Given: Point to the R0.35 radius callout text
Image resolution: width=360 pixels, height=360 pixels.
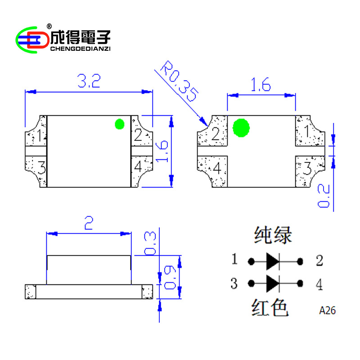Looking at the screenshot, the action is tap(180, 83).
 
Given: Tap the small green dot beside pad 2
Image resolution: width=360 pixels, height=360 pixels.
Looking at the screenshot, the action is tap(120, 124).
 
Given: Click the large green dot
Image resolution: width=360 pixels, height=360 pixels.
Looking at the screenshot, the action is tap(241, 128).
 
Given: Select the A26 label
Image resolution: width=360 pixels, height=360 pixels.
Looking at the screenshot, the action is tap(328, 310).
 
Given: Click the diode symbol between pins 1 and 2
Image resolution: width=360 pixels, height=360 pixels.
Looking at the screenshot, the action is tap(273, 261).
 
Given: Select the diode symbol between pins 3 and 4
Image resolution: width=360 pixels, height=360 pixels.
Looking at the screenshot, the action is tap(273, 283).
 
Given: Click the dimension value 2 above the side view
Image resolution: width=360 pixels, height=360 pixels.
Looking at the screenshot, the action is tap(89, 224).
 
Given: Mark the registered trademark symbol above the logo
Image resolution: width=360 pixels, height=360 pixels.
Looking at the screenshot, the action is tap(49, 26).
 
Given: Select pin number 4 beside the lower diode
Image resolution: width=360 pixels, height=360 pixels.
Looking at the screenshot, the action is tap(319, 284).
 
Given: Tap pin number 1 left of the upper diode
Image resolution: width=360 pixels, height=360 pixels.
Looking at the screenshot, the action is tap(234, 260).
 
